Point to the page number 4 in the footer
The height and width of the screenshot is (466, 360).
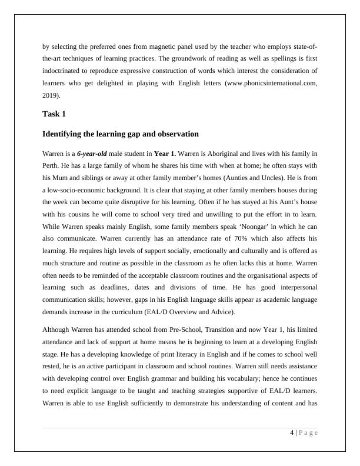(x=292, y=433)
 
